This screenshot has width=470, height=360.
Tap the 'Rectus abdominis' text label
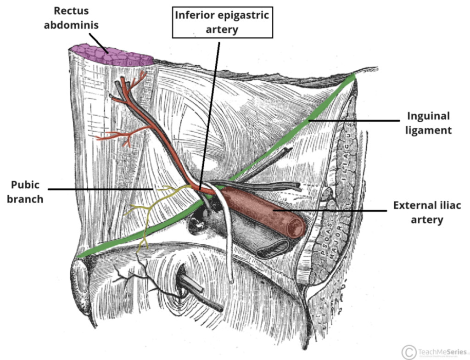point(71,17)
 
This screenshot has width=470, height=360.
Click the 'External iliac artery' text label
point(427,212)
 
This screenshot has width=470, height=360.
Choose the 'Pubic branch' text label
point(26,192)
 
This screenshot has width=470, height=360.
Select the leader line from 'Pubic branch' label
point(101,189)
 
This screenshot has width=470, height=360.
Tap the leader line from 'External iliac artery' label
point(330,210)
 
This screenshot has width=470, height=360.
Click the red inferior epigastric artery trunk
point(156,133)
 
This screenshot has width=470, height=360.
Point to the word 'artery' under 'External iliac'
point(427,219)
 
